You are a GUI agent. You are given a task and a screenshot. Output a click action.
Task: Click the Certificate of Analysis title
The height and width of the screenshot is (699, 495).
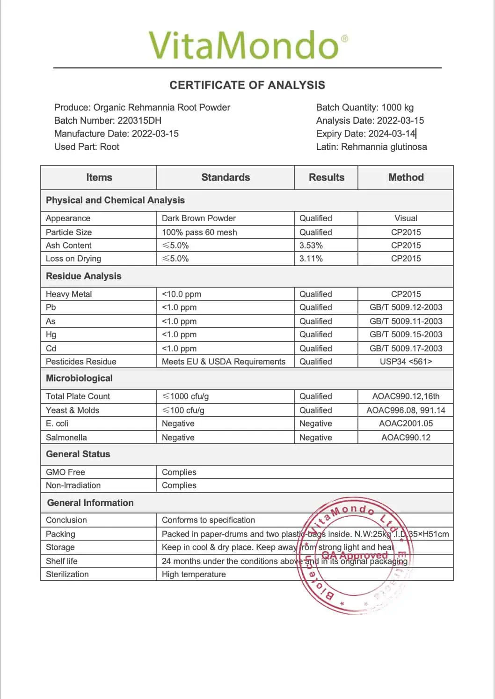pyautogui.click(x=247, y=85)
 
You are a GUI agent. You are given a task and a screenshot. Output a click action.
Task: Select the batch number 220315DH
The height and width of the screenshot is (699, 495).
pyautogui.click(x=139, y=120)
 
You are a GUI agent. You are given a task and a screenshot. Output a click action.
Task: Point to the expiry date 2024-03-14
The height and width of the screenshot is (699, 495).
pyautogui.click(x=392, y=134)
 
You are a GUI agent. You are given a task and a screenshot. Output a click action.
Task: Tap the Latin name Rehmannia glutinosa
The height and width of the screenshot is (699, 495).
pyautogui.click(x=384, y=147)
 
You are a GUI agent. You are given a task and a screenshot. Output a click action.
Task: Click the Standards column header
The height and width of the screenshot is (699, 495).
pyautogui.click(x=226, y=178)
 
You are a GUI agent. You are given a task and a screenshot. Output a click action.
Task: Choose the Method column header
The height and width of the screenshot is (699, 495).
pyautogui.click(x=406, y=178)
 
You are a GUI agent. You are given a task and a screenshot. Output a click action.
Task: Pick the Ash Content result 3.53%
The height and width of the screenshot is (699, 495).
pyautogui.click(x=311, y=245)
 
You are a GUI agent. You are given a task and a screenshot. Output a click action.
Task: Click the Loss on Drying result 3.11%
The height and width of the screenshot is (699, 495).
pyautogui.click(x=311, y=259)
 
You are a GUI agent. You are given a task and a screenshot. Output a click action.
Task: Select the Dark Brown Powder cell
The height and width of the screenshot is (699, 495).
pyautogui.click(x=199, y=218)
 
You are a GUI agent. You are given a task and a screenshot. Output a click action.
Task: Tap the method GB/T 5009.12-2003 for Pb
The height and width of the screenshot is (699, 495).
pyautogui.click(x=406, y=307)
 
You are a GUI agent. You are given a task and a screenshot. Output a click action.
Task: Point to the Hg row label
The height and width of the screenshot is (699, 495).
pyautogui.click(x=51, y=335)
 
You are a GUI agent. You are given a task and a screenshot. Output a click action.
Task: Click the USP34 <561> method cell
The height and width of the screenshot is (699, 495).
pyautogui.click(x=406, y=362)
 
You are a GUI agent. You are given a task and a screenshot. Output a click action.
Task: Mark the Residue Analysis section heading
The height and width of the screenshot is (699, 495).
pyautogui.click(x=83, y=276)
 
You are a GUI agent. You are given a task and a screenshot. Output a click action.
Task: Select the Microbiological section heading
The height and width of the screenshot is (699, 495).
pyautogui.click(x=79, y=379)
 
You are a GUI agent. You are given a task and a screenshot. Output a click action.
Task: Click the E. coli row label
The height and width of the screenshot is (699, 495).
pyautogui.click(x=57, y=424)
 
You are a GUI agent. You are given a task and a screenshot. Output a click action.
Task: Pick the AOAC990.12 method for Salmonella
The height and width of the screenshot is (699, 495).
pyautogui.click(x=406, y=438)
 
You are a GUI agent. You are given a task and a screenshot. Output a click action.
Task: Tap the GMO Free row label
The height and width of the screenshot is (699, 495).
pyautogui.click(x=66, y=472)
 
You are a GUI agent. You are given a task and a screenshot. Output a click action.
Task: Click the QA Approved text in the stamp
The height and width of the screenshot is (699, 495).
pyautogui.click(x=355, y=556)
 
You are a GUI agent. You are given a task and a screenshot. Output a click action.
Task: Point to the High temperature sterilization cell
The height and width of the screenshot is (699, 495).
pyautogui.click(x=194, y=574)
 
